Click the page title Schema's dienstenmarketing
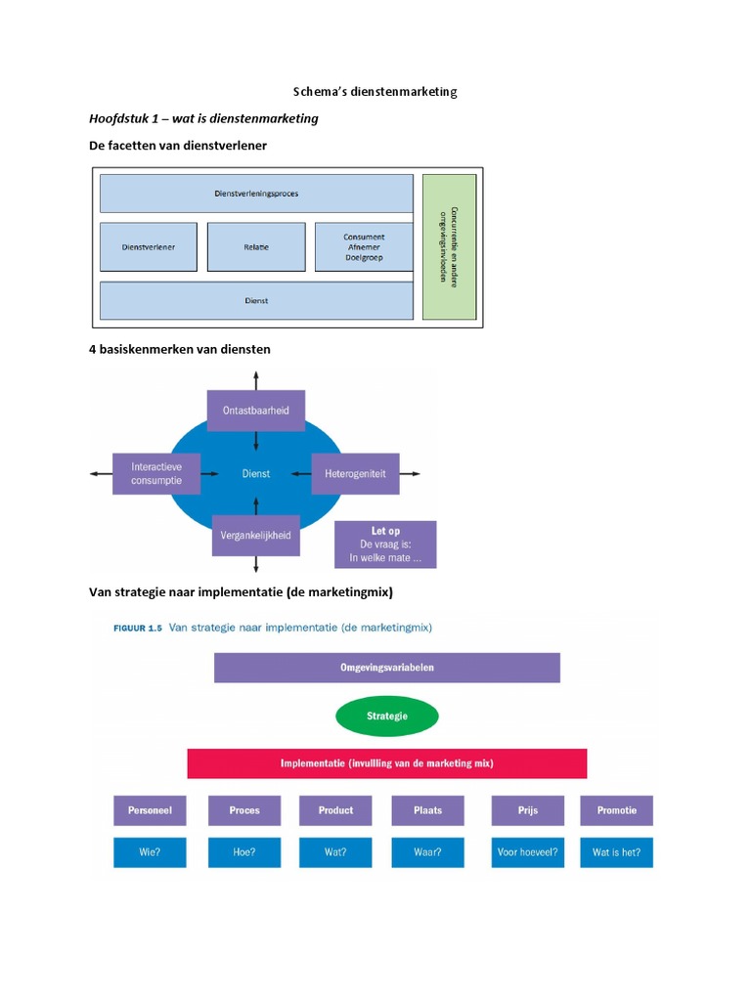point(375,92)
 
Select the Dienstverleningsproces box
point(256,194)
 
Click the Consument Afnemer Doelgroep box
point(364,247)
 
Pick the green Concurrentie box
point(449,247)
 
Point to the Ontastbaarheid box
point(255,410)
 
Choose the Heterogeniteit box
point(355,473)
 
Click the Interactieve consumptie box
point(156,474)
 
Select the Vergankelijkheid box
point(255,536)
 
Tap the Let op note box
point(385,544)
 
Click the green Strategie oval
point(387,717)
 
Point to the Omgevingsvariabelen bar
point(387,668)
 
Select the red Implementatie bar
point(387,763)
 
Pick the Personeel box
point(150,810)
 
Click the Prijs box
point(528,810)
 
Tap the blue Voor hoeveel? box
point(528,852)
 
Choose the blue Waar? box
point(427,852)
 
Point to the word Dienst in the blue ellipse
point(256,474)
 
